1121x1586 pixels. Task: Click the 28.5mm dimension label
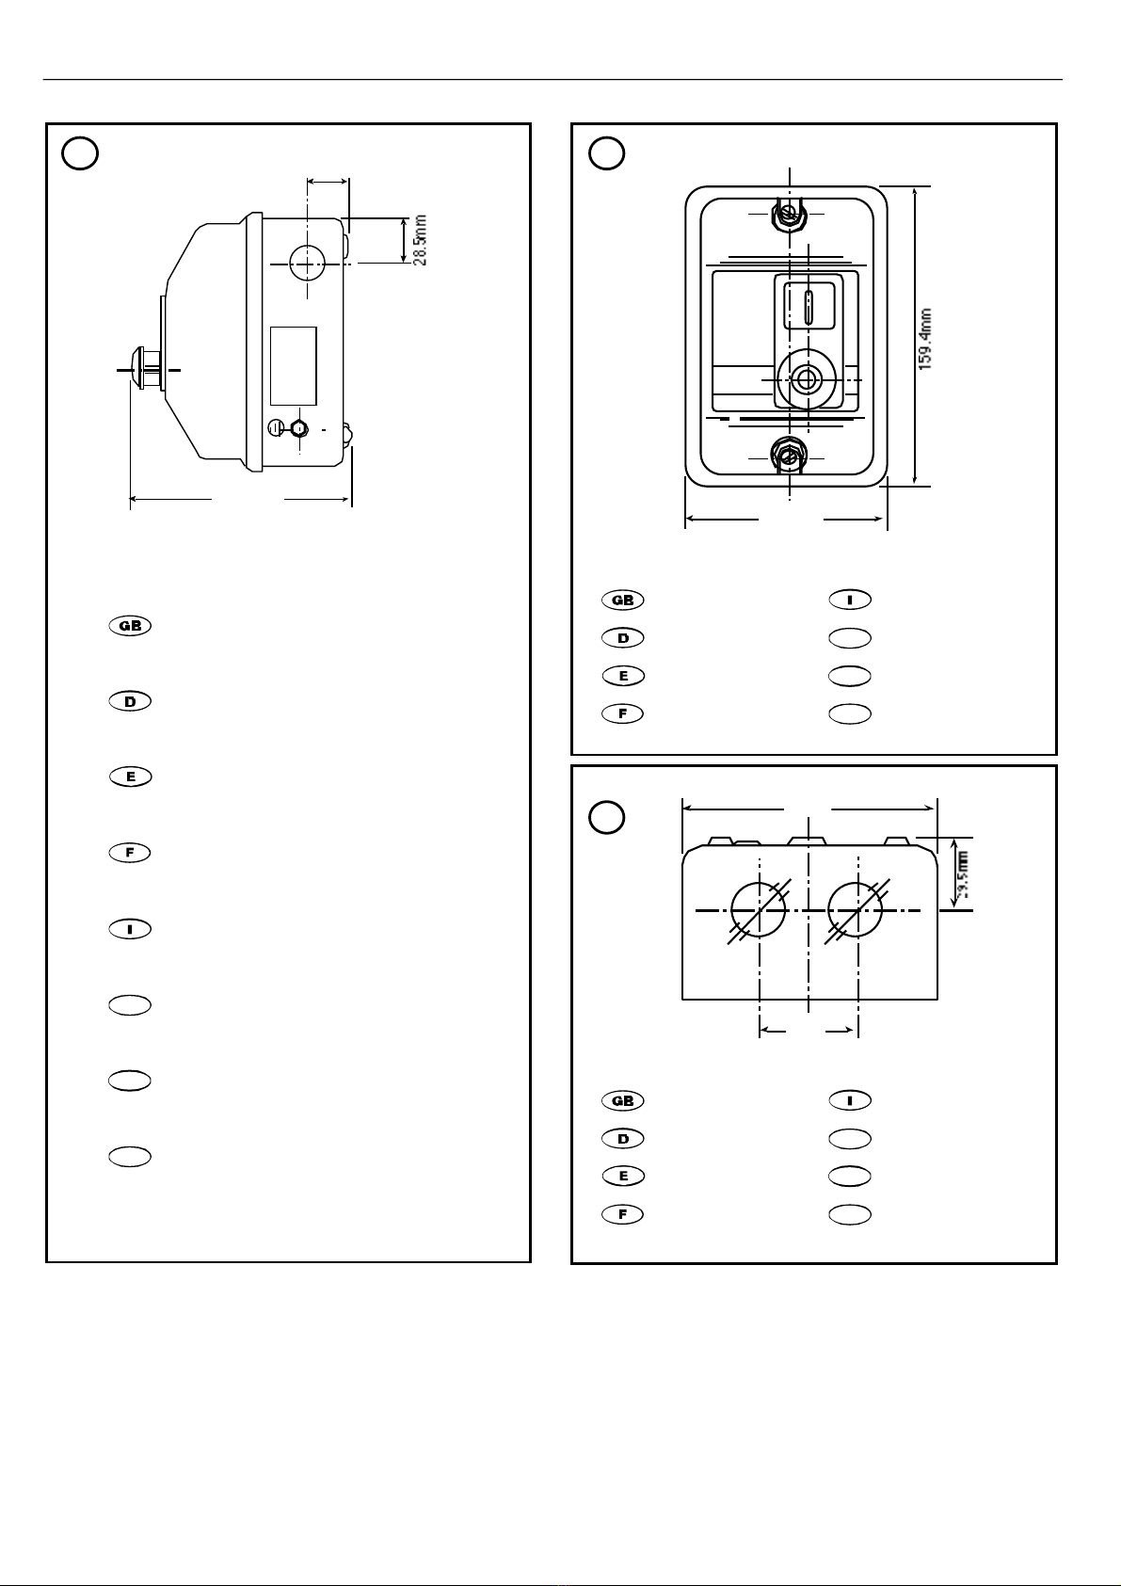(422, 240)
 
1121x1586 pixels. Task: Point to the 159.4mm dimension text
(926, 338)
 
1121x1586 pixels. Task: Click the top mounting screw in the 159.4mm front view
(789, 216)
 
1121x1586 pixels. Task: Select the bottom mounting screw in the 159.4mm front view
(787, 456)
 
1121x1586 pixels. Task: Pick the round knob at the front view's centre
(804, 379)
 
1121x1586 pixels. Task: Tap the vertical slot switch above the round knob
(809, 306)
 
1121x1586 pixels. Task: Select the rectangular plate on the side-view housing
(293, 366)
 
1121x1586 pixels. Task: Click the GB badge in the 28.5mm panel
(130, 626)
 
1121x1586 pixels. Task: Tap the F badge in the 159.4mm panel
(622, 713)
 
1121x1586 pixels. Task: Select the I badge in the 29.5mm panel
(849, 1100)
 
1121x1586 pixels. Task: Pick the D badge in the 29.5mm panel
(622, 1139)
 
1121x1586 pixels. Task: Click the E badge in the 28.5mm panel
(130, 777)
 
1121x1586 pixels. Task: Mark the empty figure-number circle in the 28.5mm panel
(81, 153)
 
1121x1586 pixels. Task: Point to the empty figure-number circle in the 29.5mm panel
(607, 817)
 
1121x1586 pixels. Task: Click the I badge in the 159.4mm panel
(849, 600)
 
